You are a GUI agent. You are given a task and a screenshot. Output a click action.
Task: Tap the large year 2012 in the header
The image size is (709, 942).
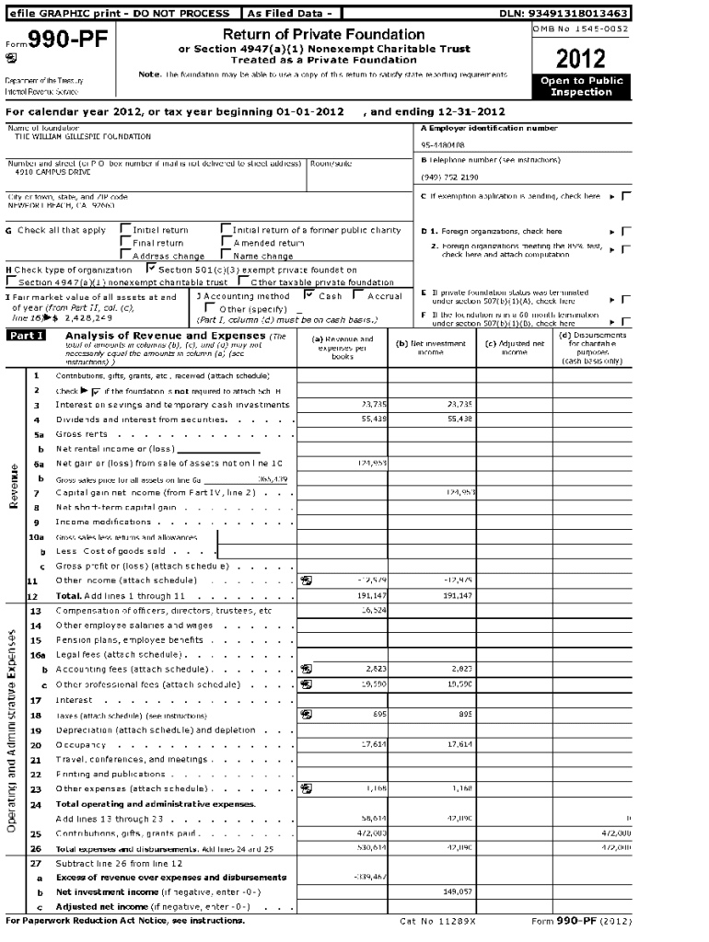click(582, 58)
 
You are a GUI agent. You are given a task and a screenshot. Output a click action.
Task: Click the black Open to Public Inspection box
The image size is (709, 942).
click(582, 86)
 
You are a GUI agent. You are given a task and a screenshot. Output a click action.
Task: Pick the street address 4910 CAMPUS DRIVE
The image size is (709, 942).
click(53, 172)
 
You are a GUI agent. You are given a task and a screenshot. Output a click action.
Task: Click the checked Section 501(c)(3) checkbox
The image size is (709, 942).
click(151, 270)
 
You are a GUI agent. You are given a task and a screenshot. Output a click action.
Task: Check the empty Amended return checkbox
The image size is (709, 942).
click(227, 243)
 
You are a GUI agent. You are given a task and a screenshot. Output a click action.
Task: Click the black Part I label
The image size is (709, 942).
click(26, 336)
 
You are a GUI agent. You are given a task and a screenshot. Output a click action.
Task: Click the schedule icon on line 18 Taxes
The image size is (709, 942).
click(306, 714)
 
